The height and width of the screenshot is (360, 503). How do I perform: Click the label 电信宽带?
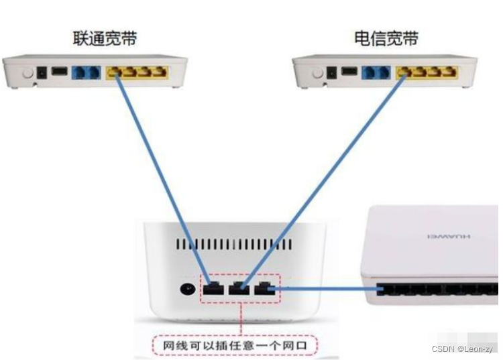click(x=386, y=38)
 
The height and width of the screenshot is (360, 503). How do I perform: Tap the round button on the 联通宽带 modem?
click(x=27, y=72)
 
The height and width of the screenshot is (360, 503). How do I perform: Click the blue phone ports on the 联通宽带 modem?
click(x=86, y=71)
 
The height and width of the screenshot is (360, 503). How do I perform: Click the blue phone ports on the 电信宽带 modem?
click(x=376, y=71)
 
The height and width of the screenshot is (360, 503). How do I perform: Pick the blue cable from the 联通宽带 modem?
click(x=160, y=174)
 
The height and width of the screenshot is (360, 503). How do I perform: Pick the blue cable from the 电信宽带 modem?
click(x=329, y=174)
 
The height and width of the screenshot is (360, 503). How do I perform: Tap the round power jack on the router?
click(x=187, y=290)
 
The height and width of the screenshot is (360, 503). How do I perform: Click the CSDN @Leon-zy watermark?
click(x=463, y=349)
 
